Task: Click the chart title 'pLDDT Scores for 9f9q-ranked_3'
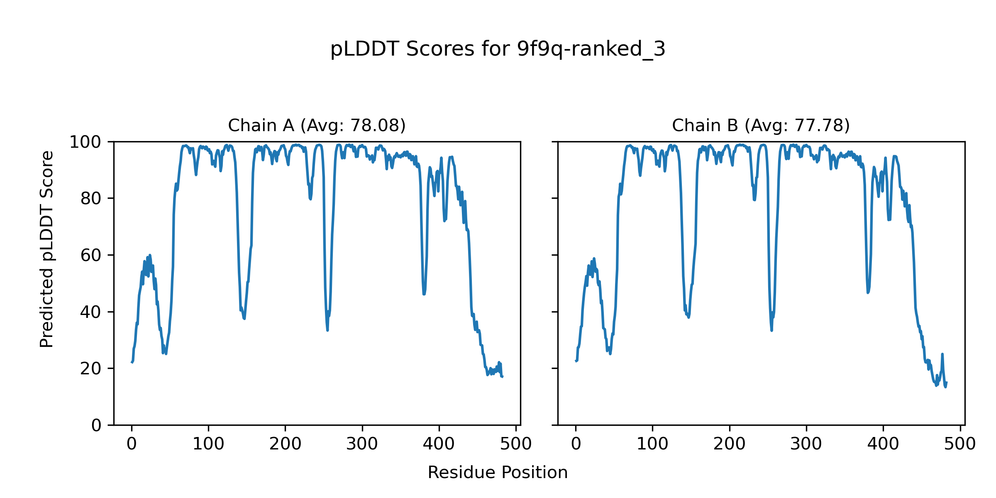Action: pyautogui.click(x=498, y=49)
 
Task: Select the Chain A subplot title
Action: pyautogui.click(x=317, y=125)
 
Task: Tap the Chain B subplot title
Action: pyautogui.click(x=761, y=125)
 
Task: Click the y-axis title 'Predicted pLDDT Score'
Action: pyautogui.click(x=46, y=249)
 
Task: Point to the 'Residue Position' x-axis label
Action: pyautogui.click(x=498, y=473)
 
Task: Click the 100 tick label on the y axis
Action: pyautogui.click(x=85, y=142)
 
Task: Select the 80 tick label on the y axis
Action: pyautogui.click(x=91, y=199)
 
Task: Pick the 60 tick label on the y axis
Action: pyautogui.click(x=91, y=255)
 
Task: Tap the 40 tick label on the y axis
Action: pyautogui.click(x=91, y=312)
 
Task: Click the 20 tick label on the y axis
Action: pyautogui.click(x=91, y=369)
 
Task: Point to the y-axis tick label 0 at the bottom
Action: pyautogui.click(x=96, y=425)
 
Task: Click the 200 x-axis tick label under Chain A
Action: pyautogui.click(x=285, y=444)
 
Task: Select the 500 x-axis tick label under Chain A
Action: pyautogui.click(x=516, y=444)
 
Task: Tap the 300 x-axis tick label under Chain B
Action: pyautogui.click(x=806, y=444)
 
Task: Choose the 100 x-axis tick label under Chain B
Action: pyautogui.click(x=652, y=444)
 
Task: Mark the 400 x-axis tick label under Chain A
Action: pyautogui.click(x=439, y=444)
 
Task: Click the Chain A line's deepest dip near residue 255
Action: pyautogui.click(x=327, y=330)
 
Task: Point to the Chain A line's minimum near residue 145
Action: pyautogui.click(x=244, y=318)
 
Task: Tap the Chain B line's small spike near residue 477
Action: pyautogui.click(x=942, y=354)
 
